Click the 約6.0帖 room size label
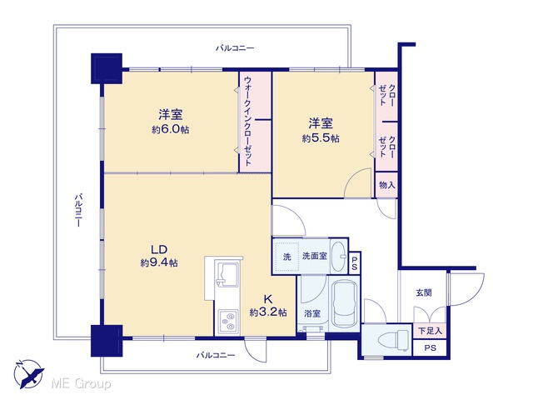171,130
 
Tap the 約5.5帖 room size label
321,138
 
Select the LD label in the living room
159,250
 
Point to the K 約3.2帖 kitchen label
268,306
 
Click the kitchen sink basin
227,273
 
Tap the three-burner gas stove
228,322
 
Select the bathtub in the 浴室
345,303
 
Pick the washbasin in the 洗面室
338,256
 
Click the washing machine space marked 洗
287,257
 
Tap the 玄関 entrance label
424,292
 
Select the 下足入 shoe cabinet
430,330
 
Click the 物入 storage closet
386,185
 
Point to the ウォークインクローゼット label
248,121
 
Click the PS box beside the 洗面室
355,263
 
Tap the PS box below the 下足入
430,348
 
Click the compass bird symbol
28,374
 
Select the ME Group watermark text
81,384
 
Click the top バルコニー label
235,48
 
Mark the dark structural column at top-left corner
107,68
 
